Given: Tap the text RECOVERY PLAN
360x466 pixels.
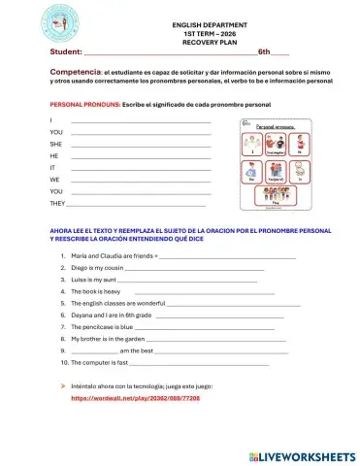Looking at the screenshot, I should tap(209, 43).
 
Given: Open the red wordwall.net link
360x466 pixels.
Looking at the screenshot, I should tap(142, 398).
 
